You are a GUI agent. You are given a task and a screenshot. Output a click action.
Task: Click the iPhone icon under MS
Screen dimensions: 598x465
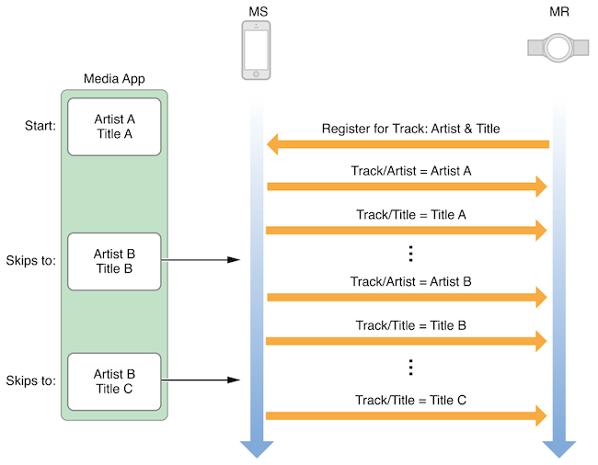[x=256, y=51]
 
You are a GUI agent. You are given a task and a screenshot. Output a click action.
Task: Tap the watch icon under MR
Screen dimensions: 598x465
[x=558, y=48]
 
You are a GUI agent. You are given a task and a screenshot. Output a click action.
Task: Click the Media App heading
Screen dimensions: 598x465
[x=114, y=79]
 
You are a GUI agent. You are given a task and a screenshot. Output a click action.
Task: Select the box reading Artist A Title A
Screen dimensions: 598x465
[x=114, y=127]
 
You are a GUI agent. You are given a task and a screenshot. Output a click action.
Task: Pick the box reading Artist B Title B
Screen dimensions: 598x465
[x=114, y=262]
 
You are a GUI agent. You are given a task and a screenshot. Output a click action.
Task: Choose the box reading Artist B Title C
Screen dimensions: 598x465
[x=114, y=381]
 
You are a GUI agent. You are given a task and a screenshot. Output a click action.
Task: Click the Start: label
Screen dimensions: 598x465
[x=40, y=126]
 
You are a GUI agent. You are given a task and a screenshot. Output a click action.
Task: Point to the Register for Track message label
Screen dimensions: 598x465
[x=410, y=129]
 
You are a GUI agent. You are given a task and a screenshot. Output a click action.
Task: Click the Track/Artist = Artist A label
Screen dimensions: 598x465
[x=411, y=171]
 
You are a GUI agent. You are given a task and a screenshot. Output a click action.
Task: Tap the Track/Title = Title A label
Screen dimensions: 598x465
[x=411, y=215]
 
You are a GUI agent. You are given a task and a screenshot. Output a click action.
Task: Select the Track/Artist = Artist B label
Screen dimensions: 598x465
[x=410, y=282]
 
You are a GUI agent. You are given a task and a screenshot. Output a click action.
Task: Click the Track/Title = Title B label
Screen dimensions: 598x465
[x=410, y=325]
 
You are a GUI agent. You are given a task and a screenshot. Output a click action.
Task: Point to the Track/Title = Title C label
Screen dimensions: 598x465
[x=410, y=401]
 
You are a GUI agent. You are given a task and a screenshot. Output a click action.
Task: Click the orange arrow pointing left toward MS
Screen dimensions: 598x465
[x=408, y=144]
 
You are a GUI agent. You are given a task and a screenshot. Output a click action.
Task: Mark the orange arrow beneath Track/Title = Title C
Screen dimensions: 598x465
[x=406, y=415]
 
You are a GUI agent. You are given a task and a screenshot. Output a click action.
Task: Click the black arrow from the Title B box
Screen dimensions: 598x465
[x=201, y=260]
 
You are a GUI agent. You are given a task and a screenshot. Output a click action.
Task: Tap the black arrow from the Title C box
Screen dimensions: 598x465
[x=201, y=380]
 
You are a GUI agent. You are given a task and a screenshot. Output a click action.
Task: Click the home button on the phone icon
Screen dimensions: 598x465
[x=256, y=74]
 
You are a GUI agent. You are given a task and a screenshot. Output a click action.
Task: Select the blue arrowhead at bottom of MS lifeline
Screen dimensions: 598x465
[x=257, y=449]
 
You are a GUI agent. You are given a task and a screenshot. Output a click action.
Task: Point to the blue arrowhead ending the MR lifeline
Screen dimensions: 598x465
[x=559, y=449]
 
